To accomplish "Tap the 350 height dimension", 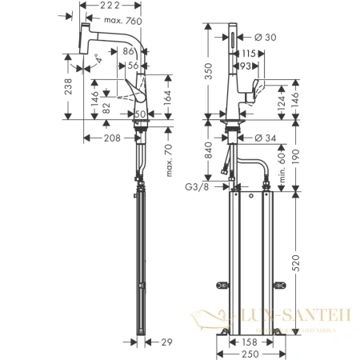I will [x=210, y=74].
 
